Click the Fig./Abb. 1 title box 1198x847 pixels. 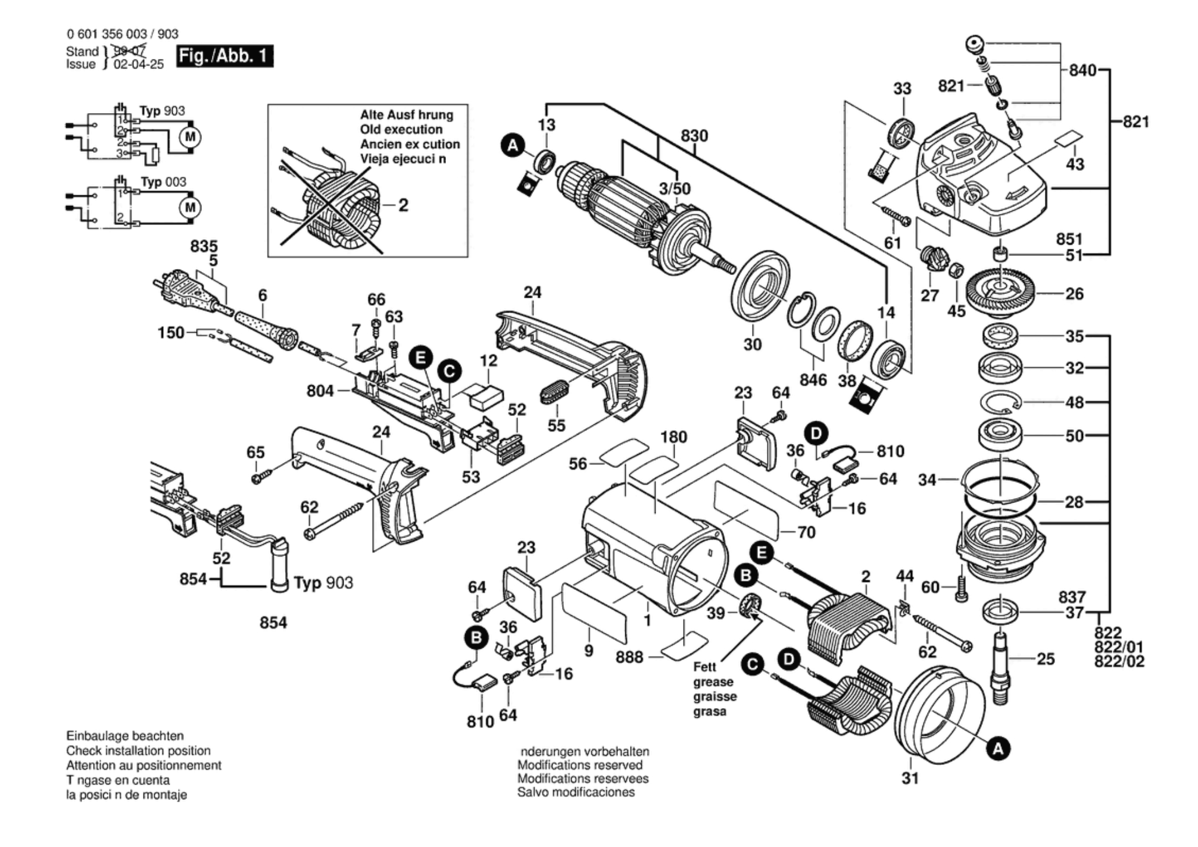click(224, 56)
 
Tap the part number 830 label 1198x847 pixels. click(694, 136)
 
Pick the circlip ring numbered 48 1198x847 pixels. click(1000, 402)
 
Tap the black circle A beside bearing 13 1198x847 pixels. click(513, 145)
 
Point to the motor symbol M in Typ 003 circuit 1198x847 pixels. click(190, 207)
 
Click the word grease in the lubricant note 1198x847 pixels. click(713, 682)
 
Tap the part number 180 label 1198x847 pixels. click(673, 437)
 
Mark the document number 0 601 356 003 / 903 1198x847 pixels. click(122, 34)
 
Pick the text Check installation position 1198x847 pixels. click(138, 751)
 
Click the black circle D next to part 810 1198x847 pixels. click(816, 433)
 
